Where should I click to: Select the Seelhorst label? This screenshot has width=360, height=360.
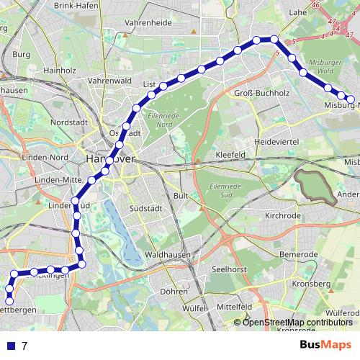tap(231, 269)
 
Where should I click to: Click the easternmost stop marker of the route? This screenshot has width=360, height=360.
tap(351, 99)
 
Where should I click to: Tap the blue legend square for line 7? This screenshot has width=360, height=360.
tap(11, 346)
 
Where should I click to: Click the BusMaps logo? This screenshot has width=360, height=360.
tap(326, 345)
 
